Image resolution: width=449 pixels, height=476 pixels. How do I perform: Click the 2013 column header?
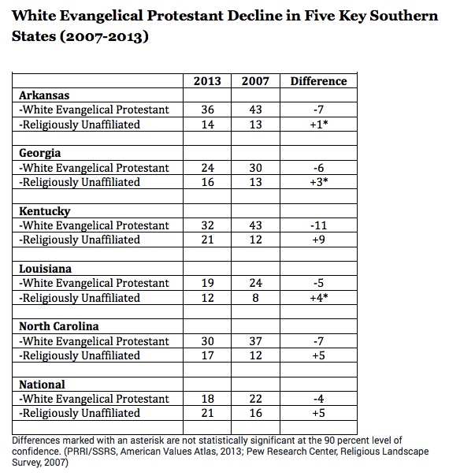pyautogui.click(x=207, y=81)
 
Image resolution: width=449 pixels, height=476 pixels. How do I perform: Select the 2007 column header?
pyautogui.click(x=255, y=81)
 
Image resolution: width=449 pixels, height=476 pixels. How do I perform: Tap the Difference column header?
pyautogui.click(x=318, y=81)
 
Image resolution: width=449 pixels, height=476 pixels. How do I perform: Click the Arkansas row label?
pyautogui.click(x=44, y=95)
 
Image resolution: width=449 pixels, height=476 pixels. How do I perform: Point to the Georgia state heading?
pyautogui.click(x=39, y=153)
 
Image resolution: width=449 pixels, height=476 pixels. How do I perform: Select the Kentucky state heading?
pyautogui.click(x=45, y=211)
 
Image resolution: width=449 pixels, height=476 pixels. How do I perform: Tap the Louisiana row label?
pyautogui.click(x=45, y=269)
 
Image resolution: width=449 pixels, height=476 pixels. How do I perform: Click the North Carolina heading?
pyautogui.click(x=59, y=326)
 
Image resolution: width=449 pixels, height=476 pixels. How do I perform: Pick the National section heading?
pyautogui.click(x=42, y=385)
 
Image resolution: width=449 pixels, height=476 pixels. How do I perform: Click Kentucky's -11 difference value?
pyautogui.click(x=318, y=225)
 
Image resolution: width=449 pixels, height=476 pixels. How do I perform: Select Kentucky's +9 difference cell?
pyautogui.click(x=318, y=240)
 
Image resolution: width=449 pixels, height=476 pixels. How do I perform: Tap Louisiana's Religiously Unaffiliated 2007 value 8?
pyautogui.click(x=255, y=298)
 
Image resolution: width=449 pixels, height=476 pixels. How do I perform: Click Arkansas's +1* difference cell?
pyautogui.click(x=319, y=125)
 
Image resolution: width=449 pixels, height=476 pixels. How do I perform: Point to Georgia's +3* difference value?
pyautogui.click(x=319, y=182)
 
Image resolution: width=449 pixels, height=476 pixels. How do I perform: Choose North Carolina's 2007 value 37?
pyautogui.click(x=255, y=341)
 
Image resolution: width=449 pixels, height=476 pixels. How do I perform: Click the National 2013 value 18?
pyautogui.click(x=207, y=399)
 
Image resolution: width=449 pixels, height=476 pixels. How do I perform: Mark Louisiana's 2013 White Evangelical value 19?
pyautogui.click(x=207, y=283)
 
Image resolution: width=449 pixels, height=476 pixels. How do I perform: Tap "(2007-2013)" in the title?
pyautogui.click(x=104, y=36)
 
